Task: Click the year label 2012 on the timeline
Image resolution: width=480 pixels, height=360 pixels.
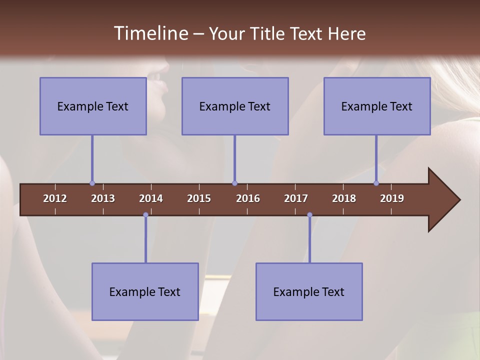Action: tap(55, 198)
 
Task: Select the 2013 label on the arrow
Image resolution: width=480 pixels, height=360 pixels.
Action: tap(103, 198)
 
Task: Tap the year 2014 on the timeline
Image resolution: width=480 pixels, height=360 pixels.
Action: tap(151, 198)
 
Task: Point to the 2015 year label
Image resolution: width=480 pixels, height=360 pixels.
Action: tap(199, 198)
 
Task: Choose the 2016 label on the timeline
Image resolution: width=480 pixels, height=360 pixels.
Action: tap(248, 198)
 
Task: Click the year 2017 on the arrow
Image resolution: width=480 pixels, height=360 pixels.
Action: tap(296, 198)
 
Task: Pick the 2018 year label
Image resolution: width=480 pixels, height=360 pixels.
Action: tap(344, 198)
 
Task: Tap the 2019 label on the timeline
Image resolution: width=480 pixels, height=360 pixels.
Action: tap(392, 198)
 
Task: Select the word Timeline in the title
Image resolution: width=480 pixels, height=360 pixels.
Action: tap(150, 33)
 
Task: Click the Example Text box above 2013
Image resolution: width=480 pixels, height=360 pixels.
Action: tap(93, 106)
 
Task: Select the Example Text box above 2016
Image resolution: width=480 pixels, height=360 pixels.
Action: tap(235, 106)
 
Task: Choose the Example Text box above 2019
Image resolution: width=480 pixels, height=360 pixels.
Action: tap(377, 106)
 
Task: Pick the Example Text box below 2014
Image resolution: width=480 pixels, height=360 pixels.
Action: tap(145, 291)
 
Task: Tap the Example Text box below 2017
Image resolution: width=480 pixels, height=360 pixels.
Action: tap(309, 291)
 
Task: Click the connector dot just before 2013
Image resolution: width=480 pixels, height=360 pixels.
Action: tap(92, 183)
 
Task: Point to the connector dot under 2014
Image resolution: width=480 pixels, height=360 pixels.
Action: tap(145, 215)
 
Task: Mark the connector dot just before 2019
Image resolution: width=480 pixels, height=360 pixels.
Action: tap(376, 183)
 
